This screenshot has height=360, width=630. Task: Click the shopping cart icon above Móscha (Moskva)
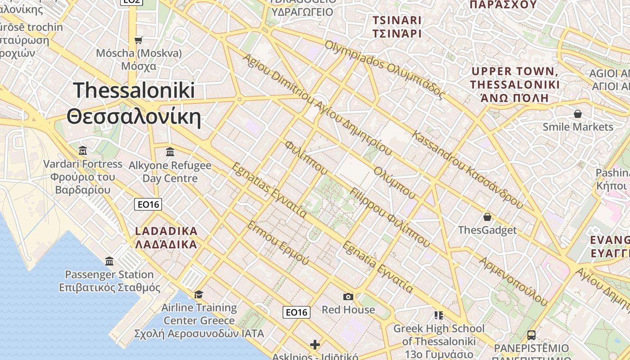(139, 40)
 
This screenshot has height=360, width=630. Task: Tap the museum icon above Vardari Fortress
(83, 150)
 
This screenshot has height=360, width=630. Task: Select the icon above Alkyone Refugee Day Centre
(170, 152)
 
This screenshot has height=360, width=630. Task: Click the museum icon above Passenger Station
(109, 261)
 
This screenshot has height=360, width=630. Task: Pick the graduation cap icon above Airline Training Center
(198, 294)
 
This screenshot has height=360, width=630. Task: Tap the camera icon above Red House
(348, 297)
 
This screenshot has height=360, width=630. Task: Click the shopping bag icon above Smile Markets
(578, 114)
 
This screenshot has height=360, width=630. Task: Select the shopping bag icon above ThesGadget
(487, 217)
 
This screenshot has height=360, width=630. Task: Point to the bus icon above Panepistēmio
(531, 335)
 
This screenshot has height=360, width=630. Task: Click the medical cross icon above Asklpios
(315, 345)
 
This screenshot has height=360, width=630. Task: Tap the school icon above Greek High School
(439, 315)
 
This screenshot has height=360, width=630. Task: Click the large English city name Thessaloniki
(134, 90)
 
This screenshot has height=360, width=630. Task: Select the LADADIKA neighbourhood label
(166, 231)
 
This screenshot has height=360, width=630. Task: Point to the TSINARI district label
(397, 20)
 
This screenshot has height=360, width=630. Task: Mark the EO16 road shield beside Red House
(297, 312)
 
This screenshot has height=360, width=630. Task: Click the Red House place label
(348, 310)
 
